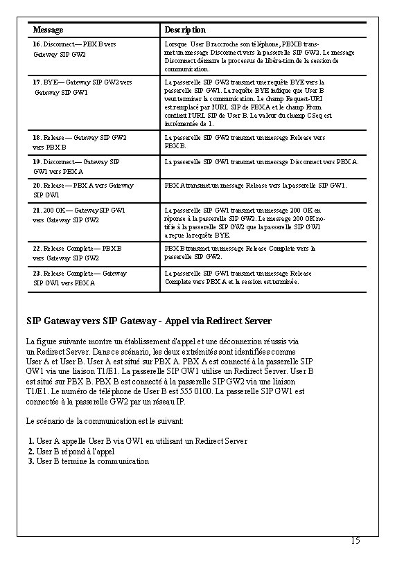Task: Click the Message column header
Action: [49, 30]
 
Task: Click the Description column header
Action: [184, 30]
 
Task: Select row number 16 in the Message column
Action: [37, 44]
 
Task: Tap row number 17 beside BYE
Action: [37, 82]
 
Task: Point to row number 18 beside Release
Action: [37, 138]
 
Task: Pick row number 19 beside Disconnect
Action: [37, 162]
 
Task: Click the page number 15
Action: [355, 540]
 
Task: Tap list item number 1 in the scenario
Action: [31, 441]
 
